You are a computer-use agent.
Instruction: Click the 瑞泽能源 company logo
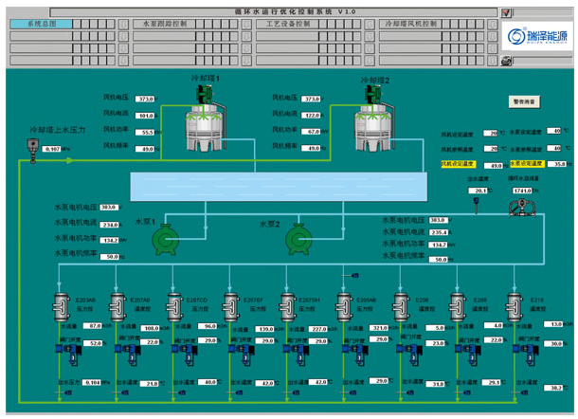pos(535,36)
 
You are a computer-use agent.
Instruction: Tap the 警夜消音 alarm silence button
pos(524,100)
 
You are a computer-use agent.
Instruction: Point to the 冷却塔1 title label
pos(206,80)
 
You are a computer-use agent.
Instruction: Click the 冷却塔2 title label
pos(374,81)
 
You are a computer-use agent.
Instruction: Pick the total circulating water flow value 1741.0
pos(523,191)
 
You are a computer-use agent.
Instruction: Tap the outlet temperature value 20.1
pos(480,191)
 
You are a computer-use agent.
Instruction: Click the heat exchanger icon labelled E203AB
pos(63,307)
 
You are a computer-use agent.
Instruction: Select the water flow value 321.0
pos(380,327)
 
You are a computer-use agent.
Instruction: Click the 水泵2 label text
pos(270,225)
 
